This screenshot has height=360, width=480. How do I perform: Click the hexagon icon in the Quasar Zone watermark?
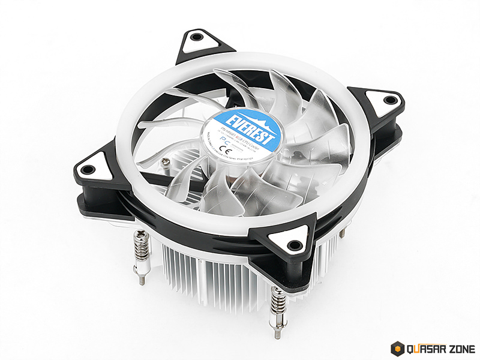397,348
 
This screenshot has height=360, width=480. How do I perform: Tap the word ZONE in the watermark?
460,348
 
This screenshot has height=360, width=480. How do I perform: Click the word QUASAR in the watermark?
425,348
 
